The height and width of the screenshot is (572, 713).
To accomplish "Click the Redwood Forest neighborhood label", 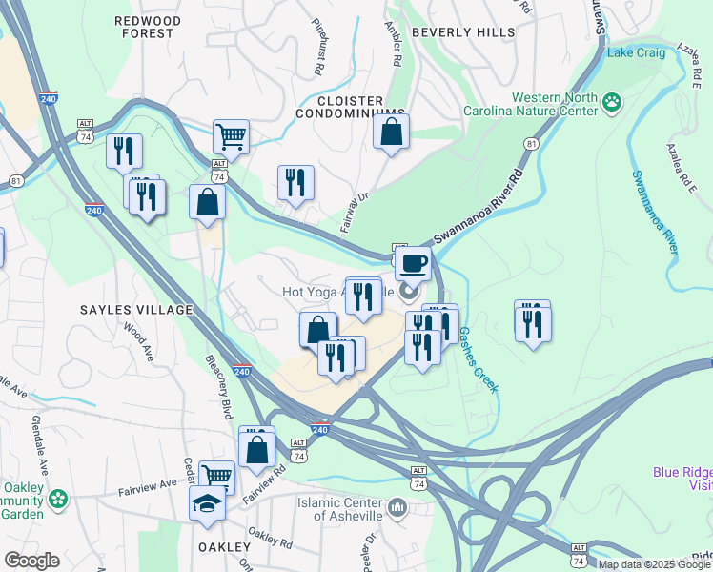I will click(x=144, y=26).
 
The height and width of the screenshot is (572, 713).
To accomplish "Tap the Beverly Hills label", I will click(x=463, y=32).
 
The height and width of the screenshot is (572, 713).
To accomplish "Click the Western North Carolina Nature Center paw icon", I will click(x=612, y=101).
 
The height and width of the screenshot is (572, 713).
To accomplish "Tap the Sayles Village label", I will click(x=135, y=310).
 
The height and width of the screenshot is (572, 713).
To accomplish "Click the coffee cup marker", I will click(x=413, y=262).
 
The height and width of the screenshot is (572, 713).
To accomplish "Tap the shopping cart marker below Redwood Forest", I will click(x=231, y=135).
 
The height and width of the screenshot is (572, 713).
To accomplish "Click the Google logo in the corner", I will click(x=31, y=561).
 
